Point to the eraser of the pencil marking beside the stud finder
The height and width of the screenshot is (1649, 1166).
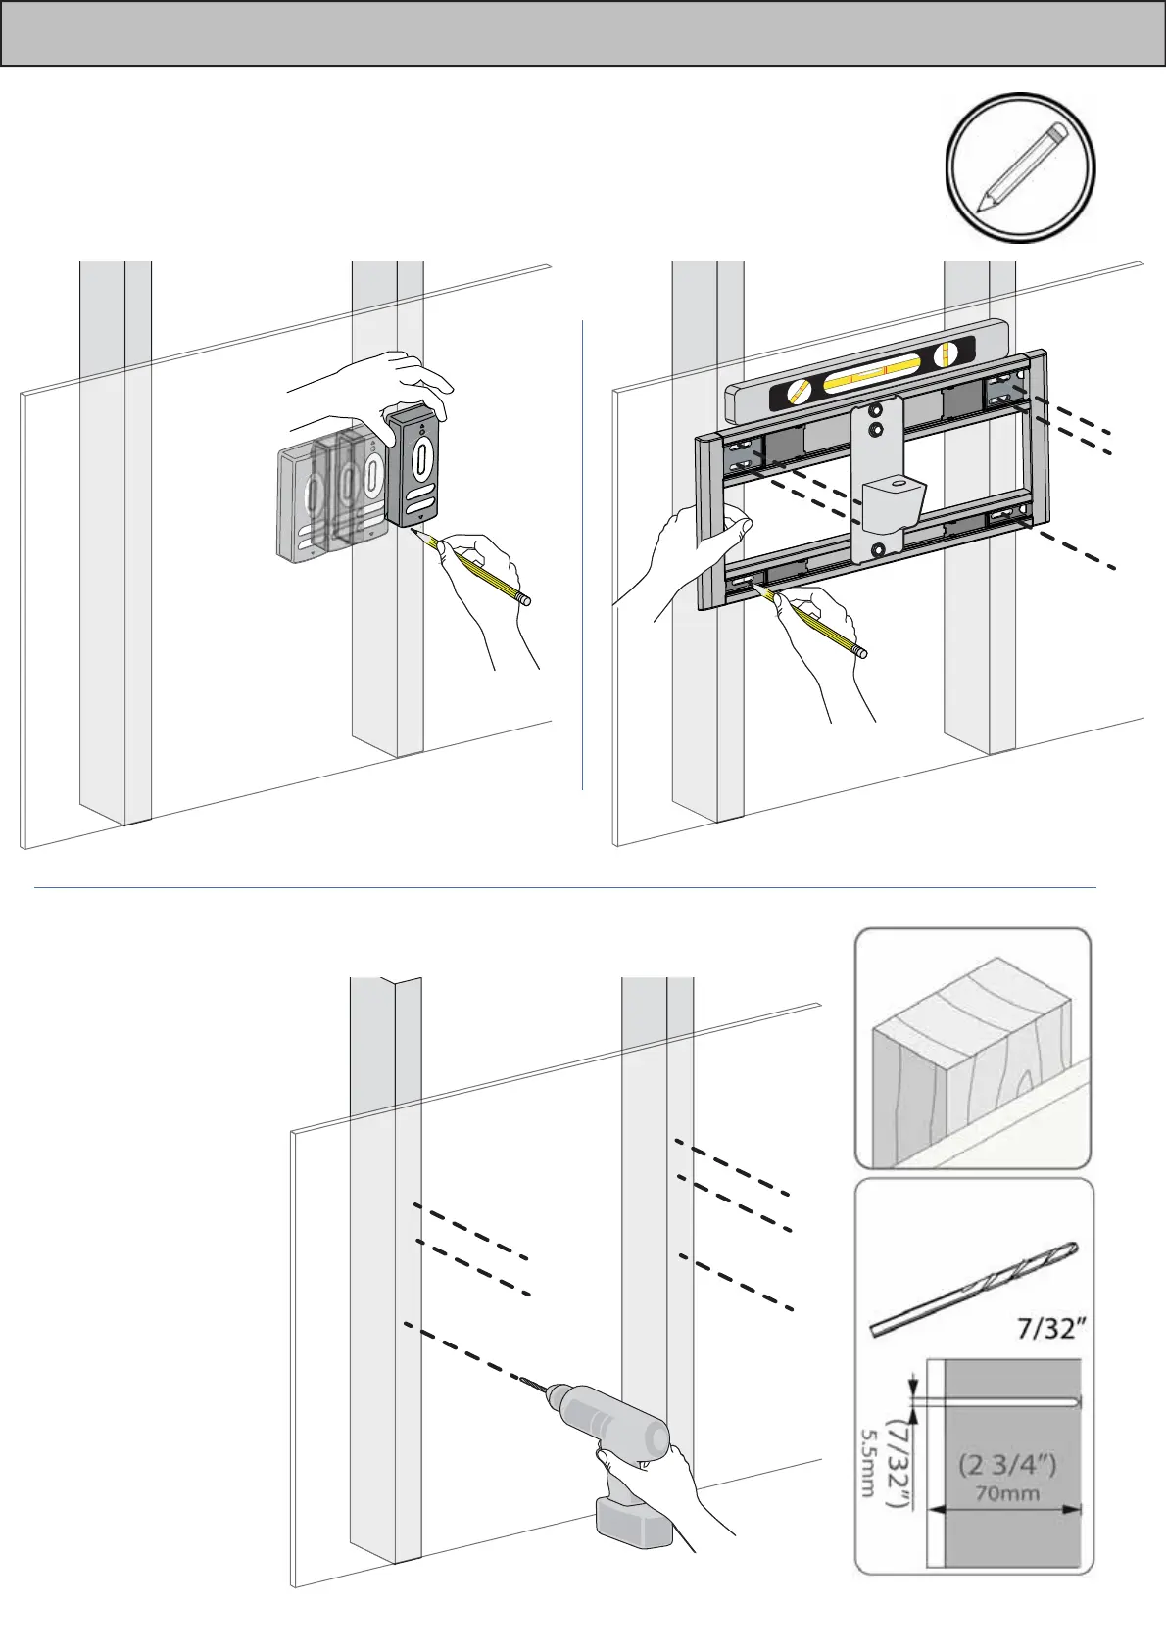[524, 600]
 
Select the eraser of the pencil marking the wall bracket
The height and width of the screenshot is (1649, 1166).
[860, 651]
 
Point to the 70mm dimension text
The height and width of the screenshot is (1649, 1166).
[1008, 1493]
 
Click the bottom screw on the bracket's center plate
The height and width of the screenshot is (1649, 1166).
[877, 550]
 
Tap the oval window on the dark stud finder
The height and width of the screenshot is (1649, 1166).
[420, 460]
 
